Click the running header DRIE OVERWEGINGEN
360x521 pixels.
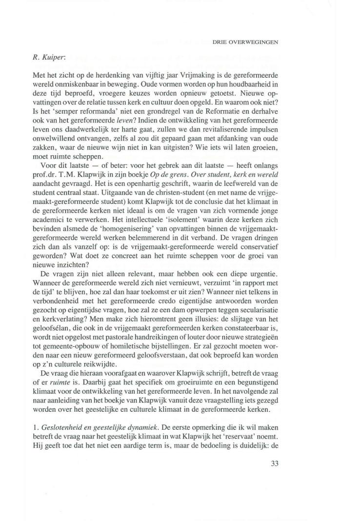(x=245, y=42)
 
